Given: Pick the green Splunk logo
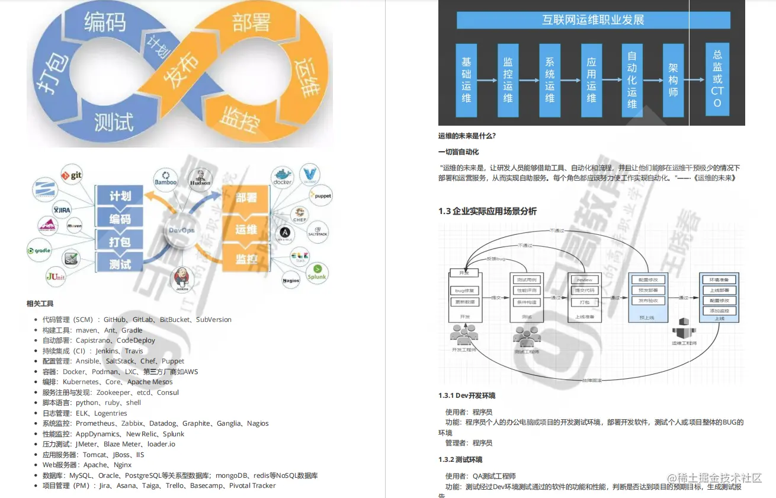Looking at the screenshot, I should coord(317,272).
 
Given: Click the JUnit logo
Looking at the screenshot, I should coord(56,276).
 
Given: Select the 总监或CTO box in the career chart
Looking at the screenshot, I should coord(717,79).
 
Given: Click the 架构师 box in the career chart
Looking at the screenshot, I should coord(673,79).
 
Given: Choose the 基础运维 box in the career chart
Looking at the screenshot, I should coord(466,79).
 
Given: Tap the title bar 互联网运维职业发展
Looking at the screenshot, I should coord(593,20).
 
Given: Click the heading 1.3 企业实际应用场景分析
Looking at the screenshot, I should coord(488,212).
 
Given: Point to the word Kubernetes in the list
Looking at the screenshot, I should coord(80,382).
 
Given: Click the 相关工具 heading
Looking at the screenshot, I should coord(40,304).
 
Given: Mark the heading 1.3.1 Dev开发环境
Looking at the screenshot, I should coord(467,395).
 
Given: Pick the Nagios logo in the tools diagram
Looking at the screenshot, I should coord(291,280).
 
